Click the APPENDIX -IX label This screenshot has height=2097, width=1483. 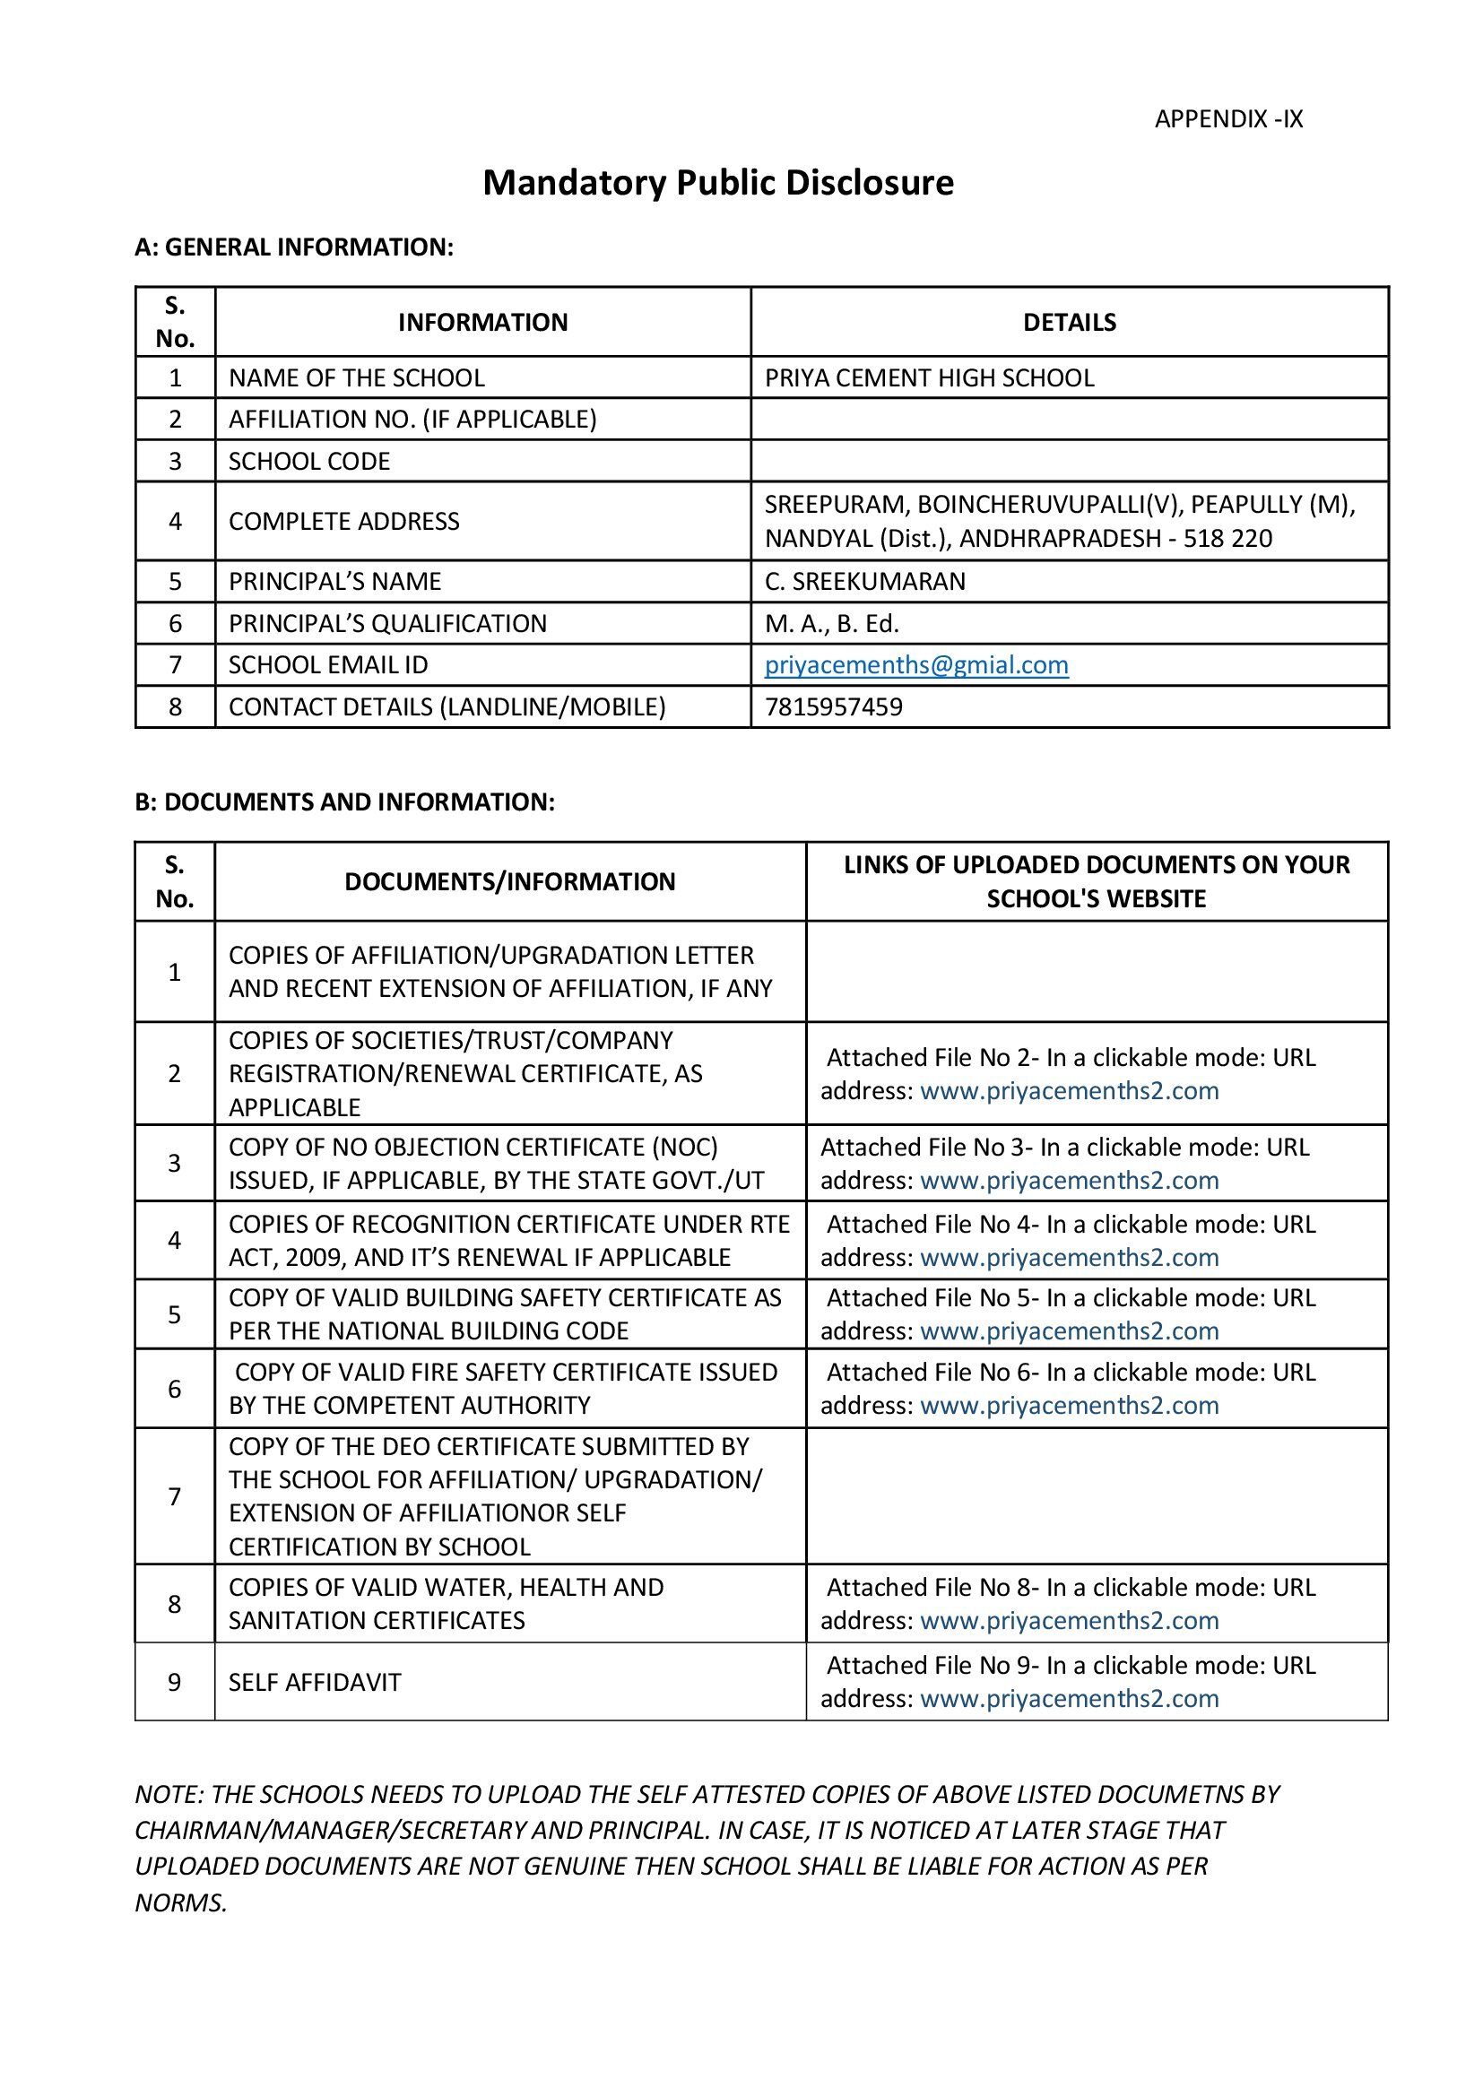pyautogui.click(x=1227, y=118)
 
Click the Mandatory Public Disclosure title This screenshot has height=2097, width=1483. pyautogui.click(x=718, y=183)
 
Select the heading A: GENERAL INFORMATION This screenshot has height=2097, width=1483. pyautogui.click(x=293, y=247)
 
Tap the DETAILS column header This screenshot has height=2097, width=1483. pyautogui.click(x=1069, y=323)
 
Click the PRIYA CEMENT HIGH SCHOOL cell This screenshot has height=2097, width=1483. pyautogui.click(x=929, y=378)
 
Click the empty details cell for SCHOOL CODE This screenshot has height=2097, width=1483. pyautogui.click(x=1069, y=461)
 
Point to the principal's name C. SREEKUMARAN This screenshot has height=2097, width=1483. pyautogui.click(x=863, y=582)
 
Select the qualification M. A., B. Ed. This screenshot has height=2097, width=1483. pyautogui.click(x=831, y=624)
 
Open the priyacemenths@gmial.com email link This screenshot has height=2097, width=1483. pyautogui.click(x=916, y=665)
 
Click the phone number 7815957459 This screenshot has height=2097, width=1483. pyautogui.click(x=833, y=706)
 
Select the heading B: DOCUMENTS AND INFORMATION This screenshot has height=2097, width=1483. pyautogui.click(x=344, y=802)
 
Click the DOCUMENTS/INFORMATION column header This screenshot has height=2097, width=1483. pyautogui.click(x=509, y=881)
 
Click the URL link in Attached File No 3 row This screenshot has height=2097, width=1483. pyautogui.click(x=1069, y=1181)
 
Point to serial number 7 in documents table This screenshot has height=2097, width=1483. pyautogui.click(x=175, y=1496)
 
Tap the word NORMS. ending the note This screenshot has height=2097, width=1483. pyautogui.click(x=181, y=1902)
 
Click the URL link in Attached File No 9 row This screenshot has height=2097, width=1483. pyautogui.click(x=1069, y=1699)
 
